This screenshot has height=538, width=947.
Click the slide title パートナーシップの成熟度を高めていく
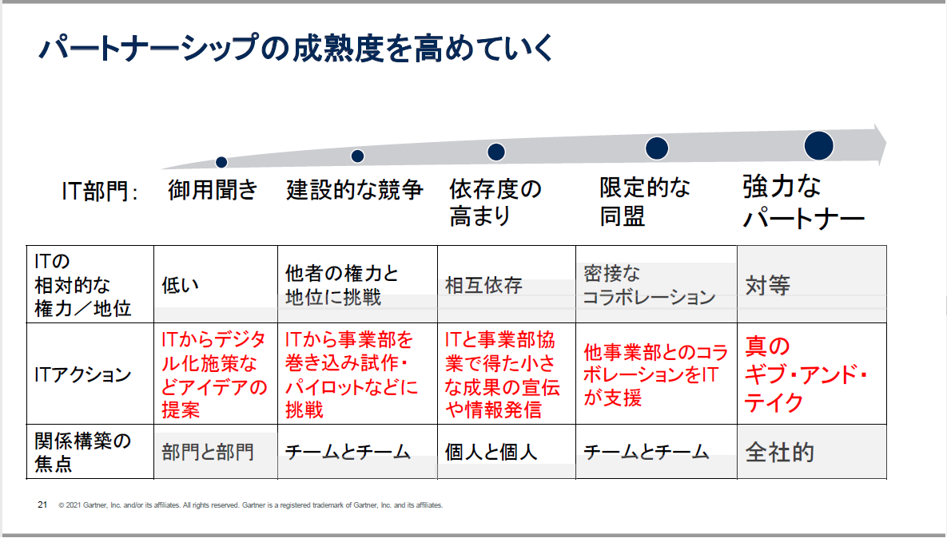[296, 49]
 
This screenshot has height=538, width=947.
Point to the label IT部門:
[101, 192]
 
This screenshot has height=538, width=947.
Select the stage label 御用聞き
[213, 190]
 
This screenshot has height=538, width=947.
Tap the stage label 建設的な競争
[355, 190]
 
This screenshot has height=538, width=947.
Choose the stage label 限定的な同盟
[645, 202]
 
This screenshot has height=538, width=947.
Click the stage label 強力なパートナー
[803, 203]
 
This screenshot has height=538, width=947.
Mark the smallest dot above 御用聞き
[221, 162]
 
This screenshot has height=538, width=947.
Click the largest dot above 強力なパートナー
[819, 145]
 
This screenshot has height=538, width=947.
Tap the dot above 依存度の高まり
[496, 152]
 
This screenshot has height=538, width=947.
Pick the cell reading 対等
[767, 286]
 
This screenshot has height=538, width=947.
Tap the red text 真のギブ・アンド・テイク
[806, 374]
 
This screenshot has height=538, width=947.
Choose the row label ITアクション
[83, 374]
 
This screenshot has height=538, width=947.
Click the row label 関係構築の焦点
[83, 452]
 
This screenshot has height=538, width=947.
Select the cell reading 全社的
[779, 453]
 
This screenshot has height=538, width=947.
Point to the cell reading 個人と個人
[491, 453]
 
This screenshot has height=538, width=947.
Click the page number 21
[42, 504]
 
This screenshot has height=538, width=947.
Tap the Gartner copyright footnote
[250, 505]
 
